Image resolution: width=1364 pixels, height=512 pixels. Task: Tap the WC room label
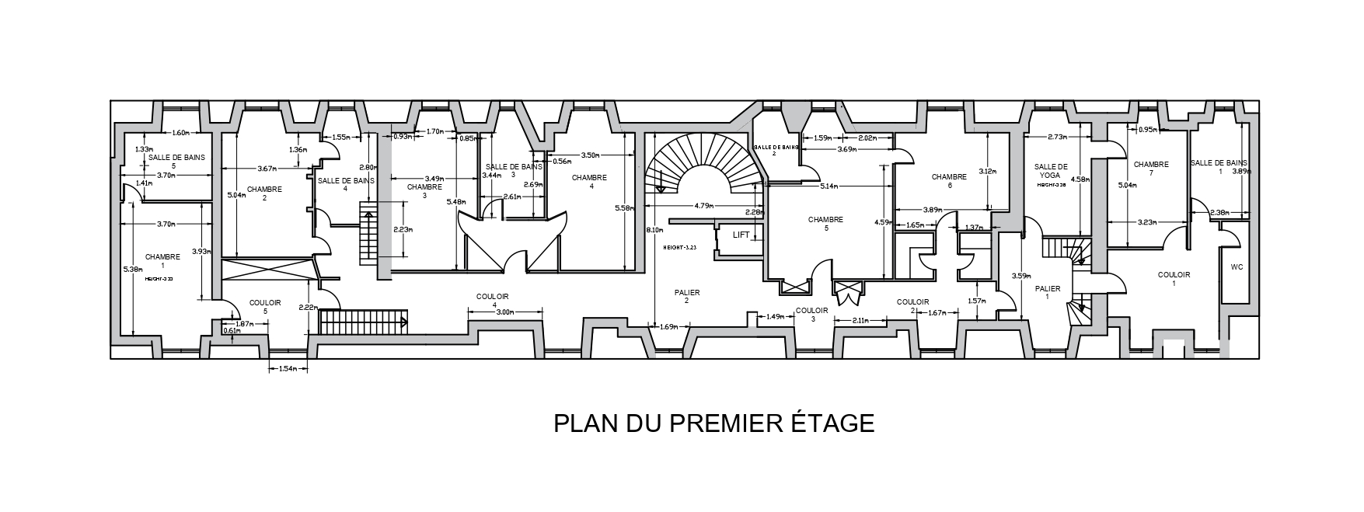tap(1237, 267)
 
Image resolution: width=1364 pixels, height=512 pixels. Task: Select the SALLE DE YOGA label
tap(1051, 172)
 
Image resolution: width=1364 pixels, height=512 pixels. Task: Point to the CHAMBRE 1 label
tap(162, 262)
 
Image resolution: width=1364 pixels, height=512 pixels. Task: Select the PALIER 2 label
tap(687, 297)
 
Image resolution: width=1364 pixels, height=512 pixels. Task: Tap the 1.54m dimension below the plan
tap(286, 369)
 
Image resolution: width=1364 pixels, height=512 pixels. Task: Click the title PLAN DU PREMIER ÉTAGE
tap(713, 423)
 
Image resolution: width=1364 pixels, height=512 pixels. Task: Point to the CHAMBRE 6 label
tap(949, 181)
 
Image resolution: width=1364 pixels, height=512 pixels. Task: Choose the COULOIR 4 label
tap(492, 301)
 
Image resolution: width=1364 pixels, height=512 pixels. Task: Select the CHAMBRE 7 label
tap(1151, 169)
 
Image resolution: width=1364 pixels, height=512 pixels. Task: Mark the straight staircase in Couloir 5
tap(364, 320)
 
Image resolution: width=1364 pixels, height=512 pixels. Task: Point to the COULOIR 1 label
tap(1173, 279)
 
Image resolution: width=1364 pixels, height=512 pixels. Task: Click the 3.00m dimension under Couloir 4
tap(505, 312)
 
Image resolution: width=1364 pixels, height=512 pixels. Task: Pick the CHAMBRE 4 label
tap(588, 182)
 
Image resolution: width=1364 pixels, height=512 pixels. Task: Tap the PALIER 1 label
tap(1048, 292)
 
